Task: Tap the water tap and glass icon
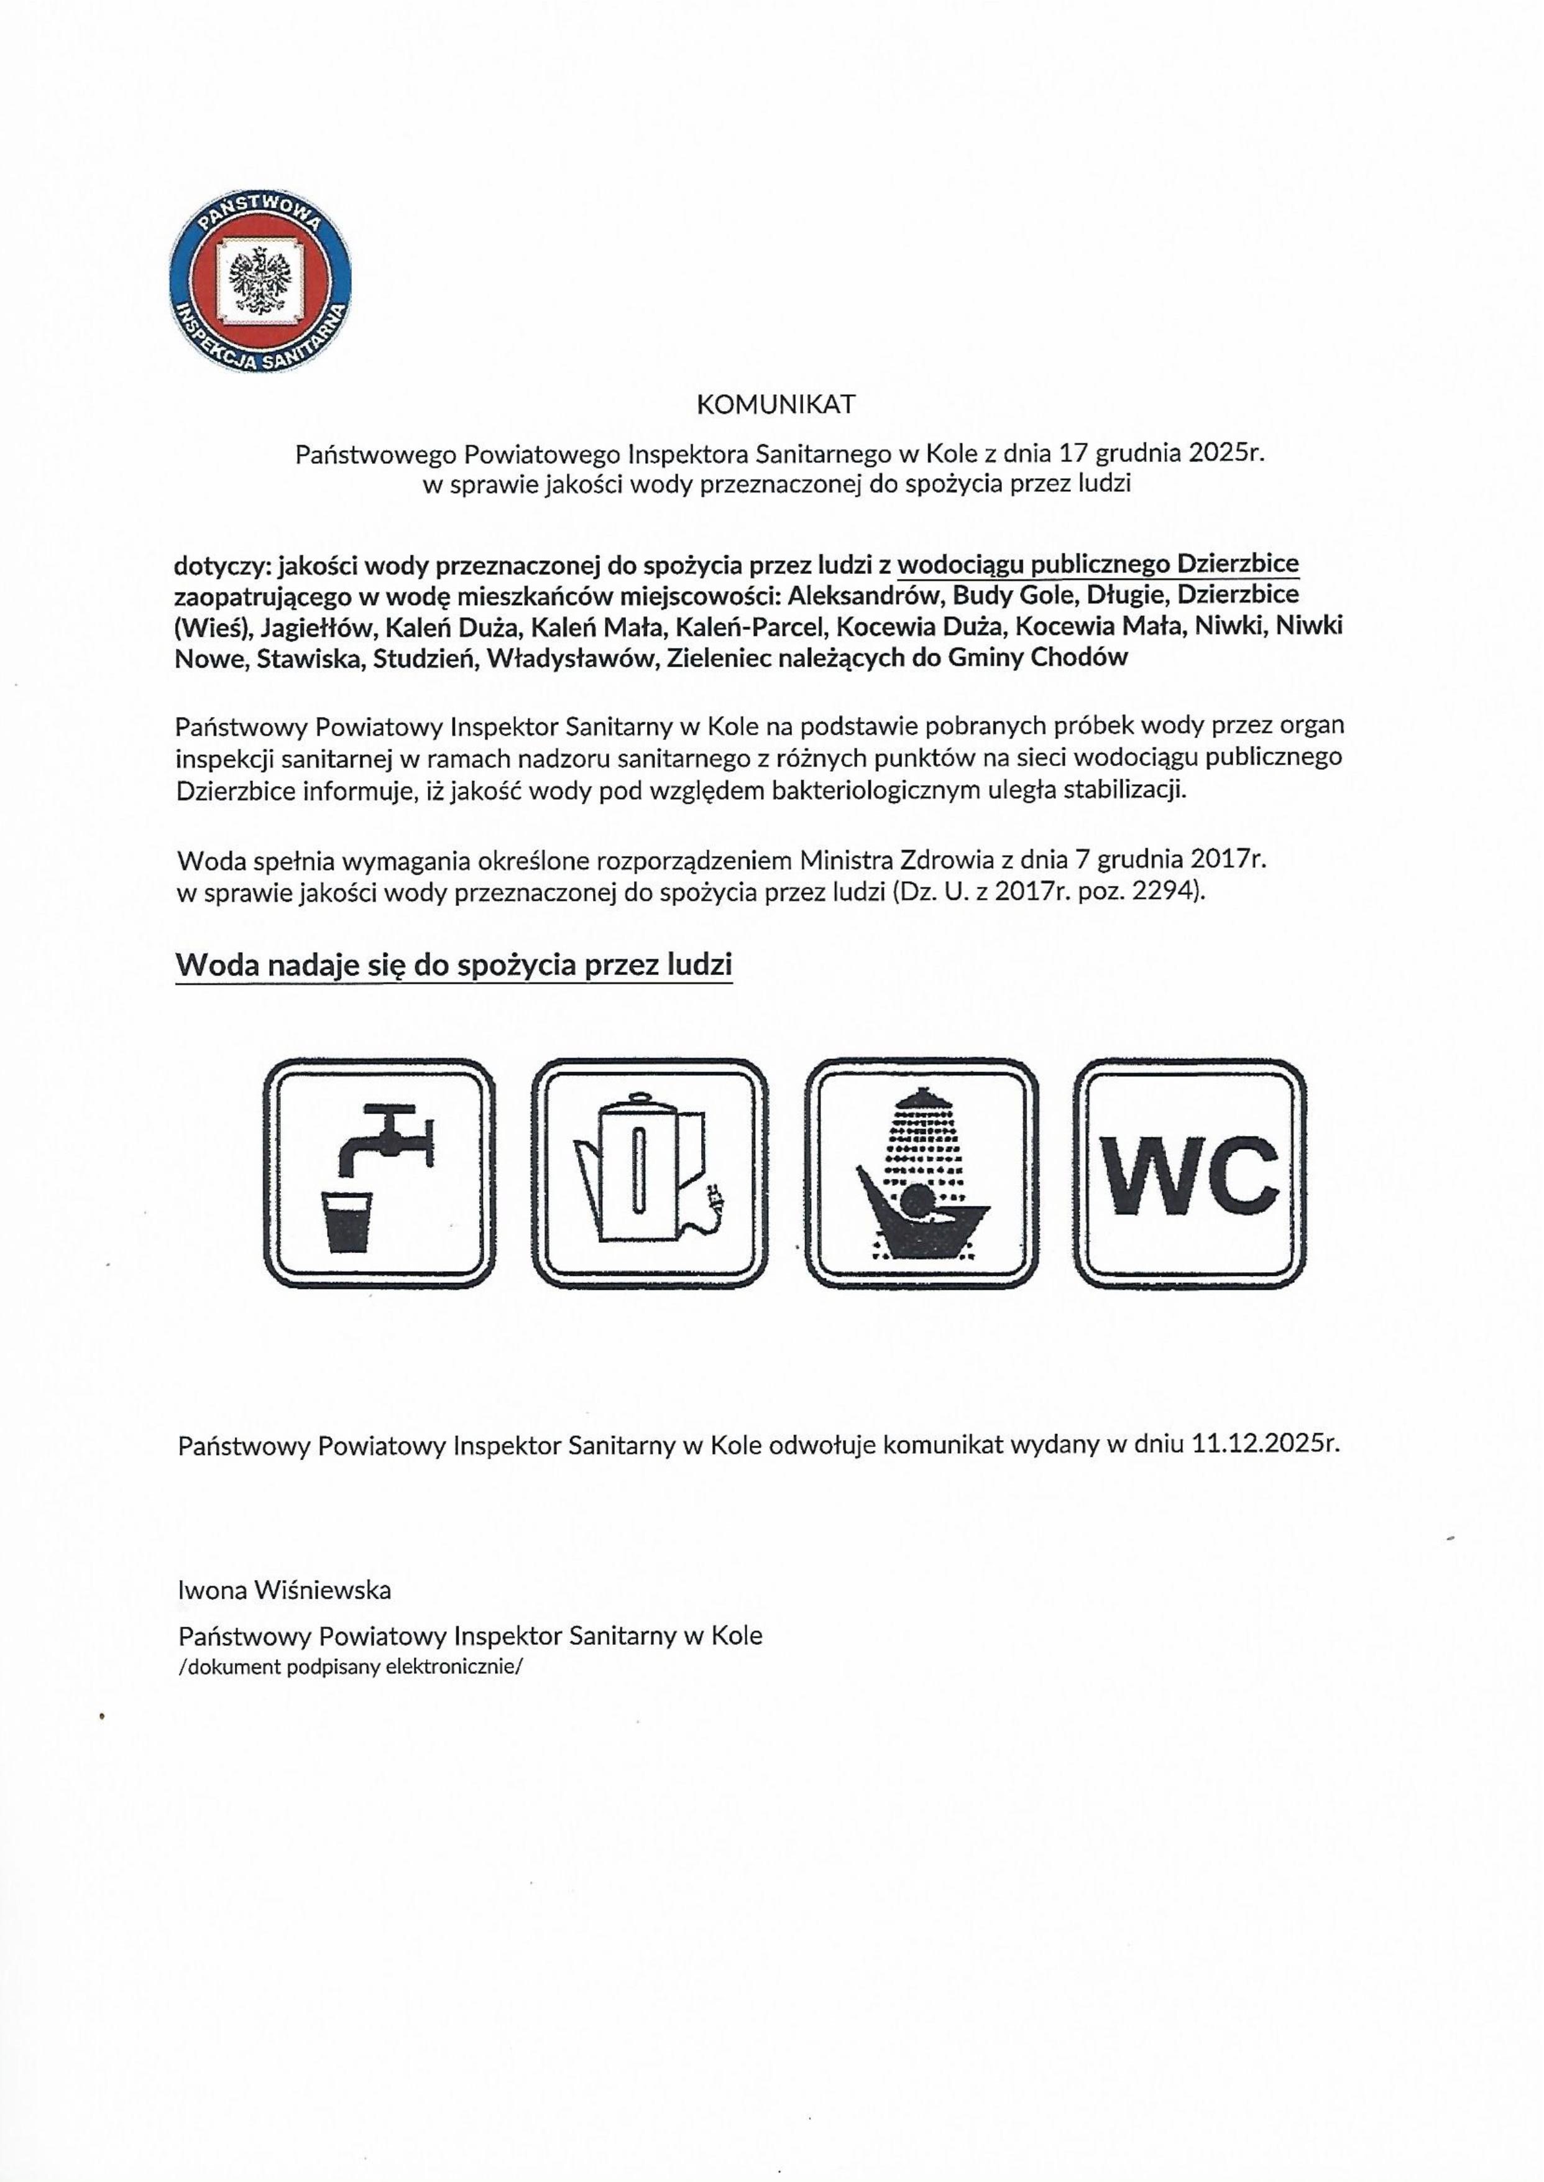pos(379,1174)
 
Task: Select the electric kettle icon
pos(650,1174)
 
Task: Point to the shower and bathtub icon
pos(921,1174)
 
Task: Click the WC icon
pos(1189,1174)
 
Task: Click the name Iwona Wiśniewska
pos(284,1589)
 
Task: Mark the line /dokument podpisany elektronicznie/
pos(350,1667)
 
